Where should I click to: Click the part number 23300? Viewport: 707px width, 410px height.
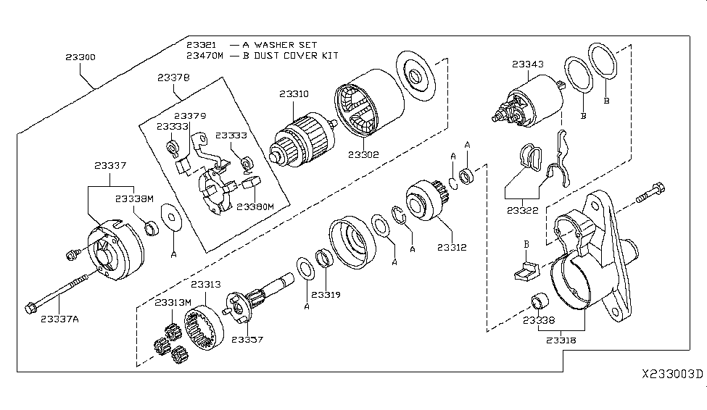(80, 56)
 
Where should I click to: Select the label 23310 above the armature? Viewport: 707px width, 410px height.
(293, 93)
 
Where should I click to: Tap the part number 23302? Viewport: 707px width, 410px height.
(362, 154)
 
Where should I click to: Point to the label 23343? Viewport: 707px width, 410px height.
(527, 64)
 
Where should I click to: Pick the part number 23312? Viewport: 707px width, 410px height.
(452, 248)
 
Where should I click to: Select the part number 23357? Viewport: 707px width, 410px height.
(248, 339)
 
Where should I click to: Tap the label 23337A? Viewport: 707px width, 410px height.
(61, 317)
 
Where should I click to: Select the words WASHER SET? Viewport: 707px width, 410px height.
(277, 44)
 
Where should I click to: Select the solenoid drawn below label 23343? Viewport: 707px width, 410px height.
(529, 104)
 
